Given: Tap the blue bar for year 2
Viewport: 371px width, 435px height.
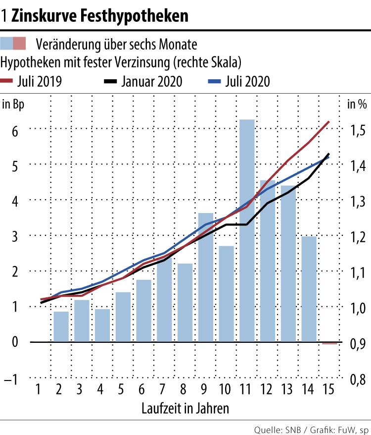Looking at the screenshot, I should (x=61, y=326).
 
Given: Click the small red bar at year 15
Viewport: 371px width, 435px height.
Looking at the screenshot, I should (x=329, y=343).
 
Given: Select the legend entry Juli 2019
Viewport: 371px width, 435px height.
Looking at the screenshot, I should (x=32, y=82).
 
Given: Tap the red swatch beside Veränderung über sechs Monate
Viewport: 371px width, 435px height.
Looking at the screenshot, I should (x=20, y=44).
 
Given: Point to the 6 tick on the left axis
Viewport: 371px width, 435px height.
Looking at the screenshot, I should (x=15, y=131).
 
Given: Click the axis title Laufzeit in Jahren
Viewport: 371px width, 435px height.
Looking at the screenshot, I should (x=185, y=409).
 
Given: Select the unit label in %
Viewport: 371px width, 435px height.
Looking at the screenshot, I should (x=357, y=105).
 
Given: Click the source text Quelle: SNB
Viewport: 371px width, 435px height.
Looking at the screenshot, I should (x=273, y=428).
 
